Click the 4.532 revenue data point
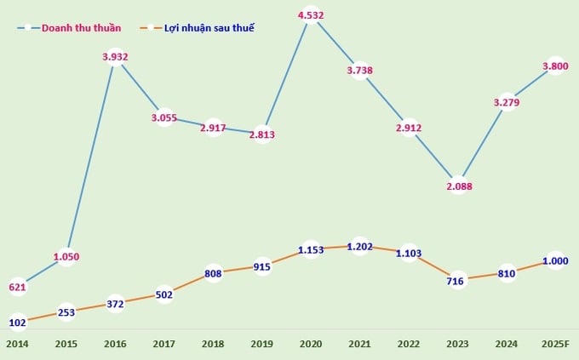tap(311, 14)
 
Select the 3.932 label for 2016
tap(115, 57)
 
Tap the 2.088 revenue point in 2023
tap(458, 186)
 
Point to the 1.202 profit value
tap(359, 246)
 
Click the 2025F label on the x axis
tap(554, 343)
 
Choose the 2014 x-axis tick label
tap(17, 343)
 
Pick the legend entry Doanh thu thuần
tap(77, 27)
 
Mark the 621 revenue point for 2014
tap(17, 288)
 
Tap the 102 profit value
tap(17, 323)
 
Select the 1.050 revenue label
tap(66, 256)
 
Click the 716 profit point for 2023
tap(458, 280)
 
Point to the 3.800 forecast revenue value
tap(555, 65)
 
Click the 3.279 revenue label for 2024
tap(507, 102)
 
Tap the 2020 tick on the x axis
tap(311, 343)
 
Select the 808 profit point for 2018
tap(213, 274)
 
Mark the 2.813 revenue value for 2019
tap(262, 134)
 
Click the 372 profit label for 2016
tap(115, 304)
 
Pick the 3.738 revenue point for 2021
tap(359, 71)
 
